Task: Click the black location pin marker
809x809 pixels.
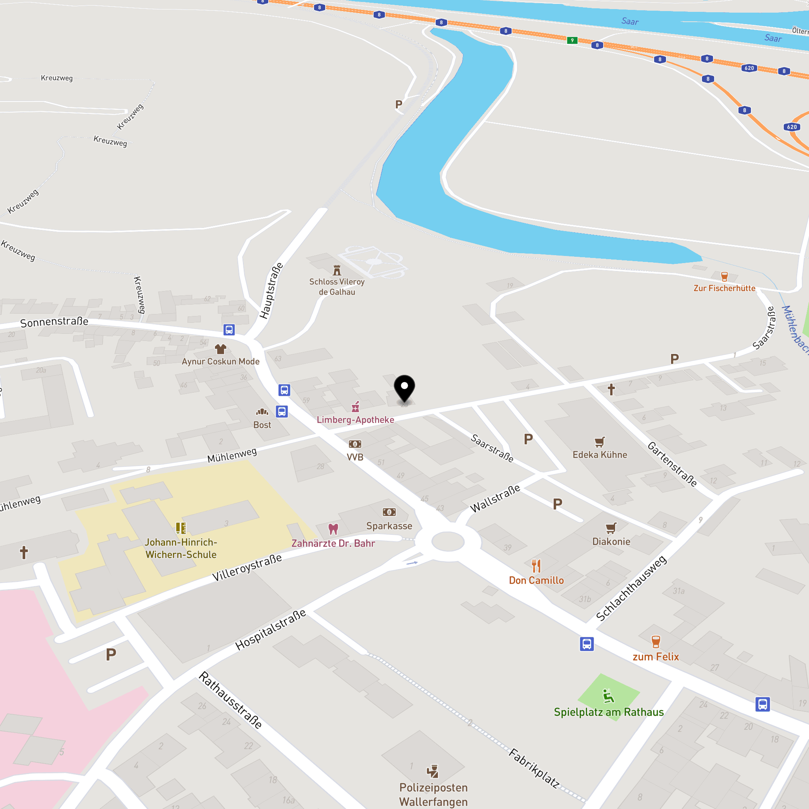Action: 404,388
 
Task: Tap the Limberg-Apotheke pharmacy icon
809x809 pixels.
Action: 356,406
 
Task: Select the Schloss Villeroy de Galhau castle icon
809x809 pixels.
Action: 337,270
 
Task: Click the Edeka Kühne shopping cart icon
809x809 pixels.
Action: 600,442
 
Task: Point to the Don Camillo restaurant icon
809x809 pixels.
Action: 536,566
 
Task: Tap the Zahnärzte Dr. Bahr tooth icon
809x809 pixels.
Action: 333,529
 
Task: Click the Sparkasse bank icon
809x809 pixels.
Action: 389,512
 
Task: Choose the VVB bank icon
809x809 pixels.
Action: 355,444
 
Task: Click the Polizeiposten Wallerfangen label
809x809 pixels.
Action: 433,795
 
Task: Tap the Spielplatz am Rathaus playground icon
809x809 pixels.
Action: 608,696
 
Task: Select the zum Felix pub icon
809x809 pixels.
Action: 656,642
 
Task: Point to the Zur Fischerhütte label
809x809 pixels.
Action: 724,288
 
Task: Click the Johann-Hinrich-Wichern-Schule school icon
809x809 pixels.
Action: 181,528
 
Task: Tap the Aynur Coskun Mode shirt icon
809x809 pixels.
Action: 221,349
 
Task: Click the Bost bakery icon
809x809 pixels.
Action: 262,412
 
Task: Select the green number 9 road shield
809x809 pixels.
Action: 572,41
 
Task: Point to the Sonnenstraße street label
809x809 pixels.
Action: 55,322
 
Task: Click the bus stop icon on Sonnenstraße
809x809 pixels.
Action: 229,329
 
